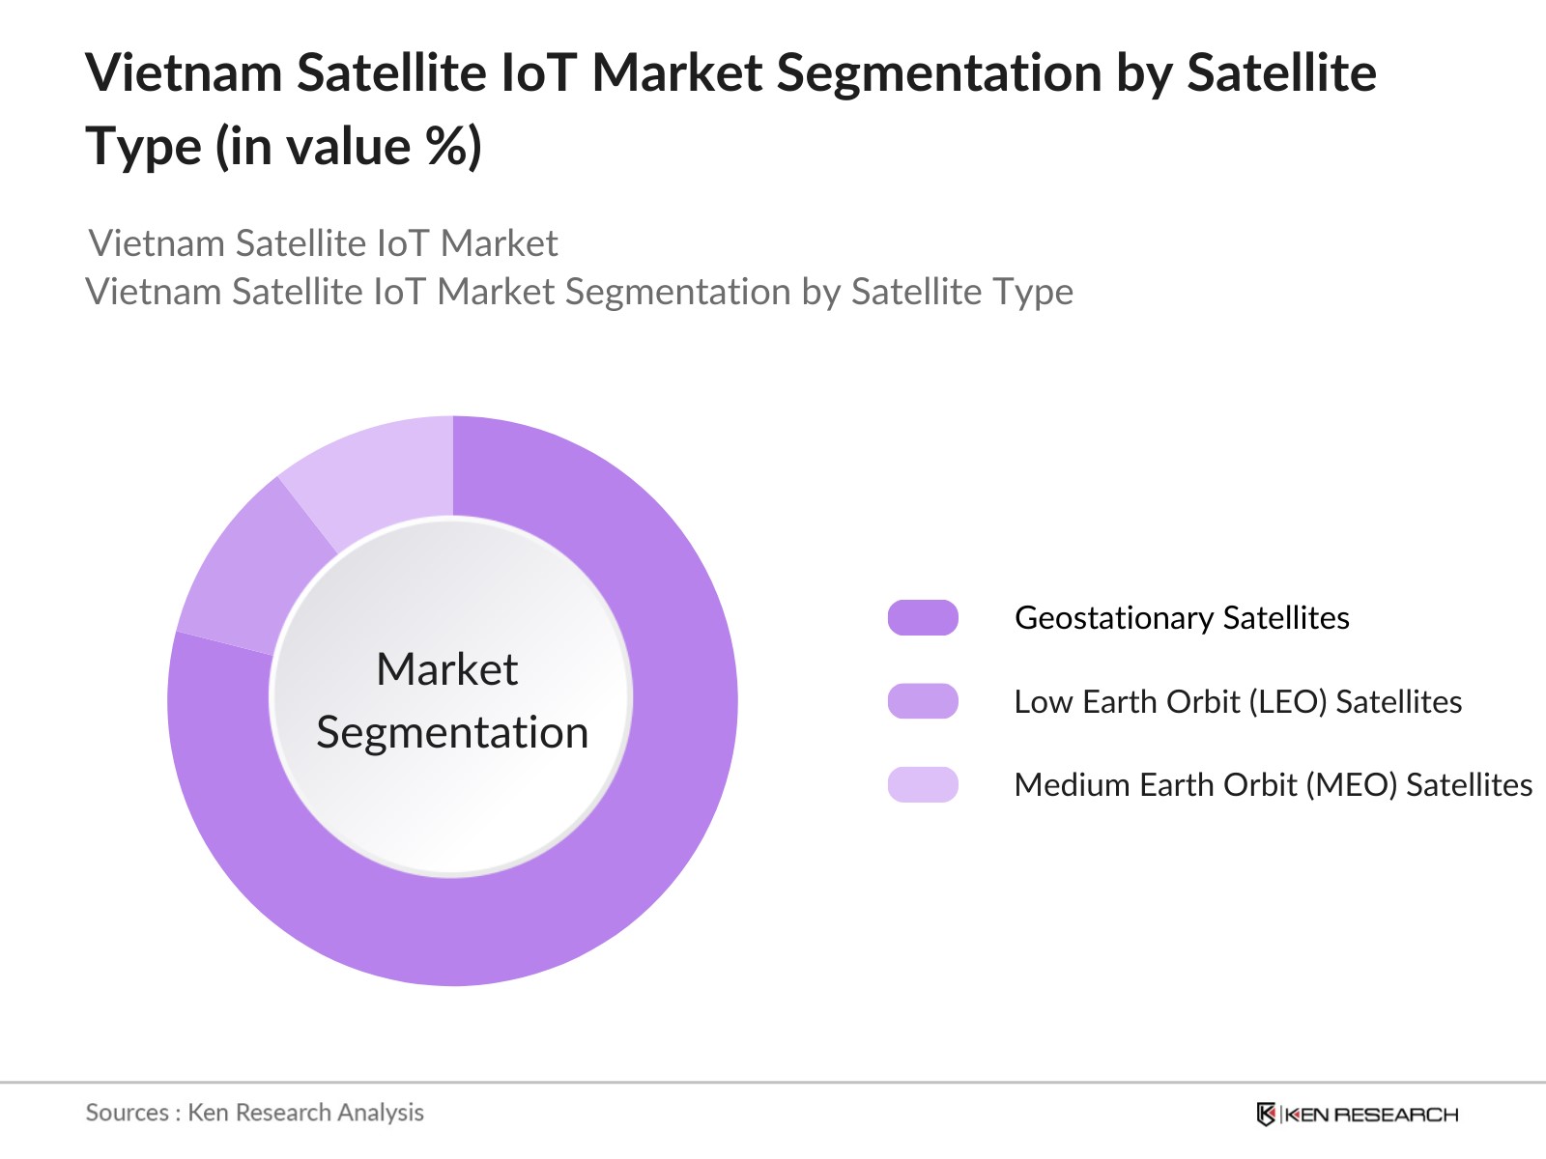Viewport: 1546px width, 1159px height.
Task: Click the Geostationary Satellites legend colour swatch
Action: tap(923, 617)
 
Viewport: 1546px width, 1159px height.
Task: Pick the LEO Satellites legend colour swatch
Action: tap(923, 701)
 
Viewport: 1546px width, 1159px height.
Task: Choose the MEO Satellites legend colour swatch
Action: tap(923, 784)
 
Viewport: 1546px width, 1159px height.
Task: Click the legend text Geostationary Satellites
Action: tap(1182, 617)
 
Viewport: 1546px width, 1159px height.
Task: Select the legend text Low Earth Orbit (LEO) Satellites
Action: tap(1238, 701)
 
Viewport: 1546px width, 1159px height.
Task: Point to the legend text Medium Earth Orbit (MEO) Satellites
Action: tap(1273, 784)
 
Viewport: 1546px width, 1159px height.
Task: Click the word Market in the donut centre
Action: tap(447, 669)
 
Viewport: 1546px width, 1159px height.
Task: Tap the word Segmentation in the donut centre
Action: tap(452, 732)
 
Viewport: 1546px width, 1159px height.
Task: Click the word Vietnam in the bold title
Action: tap(184, 73)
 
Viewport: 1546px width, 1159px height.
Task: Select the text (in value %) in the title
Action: tap(349, 148)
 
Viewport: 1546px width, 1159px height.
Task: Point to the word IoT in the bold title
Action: tap(538, 73)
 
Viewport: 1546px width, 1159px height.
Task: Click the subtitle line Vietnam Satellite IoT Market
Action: tap(323, 243)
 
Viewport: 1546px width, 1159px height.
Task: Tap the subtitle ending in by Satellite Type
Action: tap(580, 292)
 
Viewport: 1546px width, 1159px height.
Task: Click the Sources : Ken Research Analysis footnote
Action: tap(255, 1113)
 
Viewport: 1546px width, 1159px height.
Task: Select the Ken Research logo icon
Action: tap(1266, 1115)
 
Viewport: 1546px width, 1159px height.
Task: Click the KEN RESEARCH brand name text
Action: tap(1372, 1115)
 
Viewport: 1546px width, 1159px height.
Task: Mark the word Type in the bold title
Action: tap(143, 148)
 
